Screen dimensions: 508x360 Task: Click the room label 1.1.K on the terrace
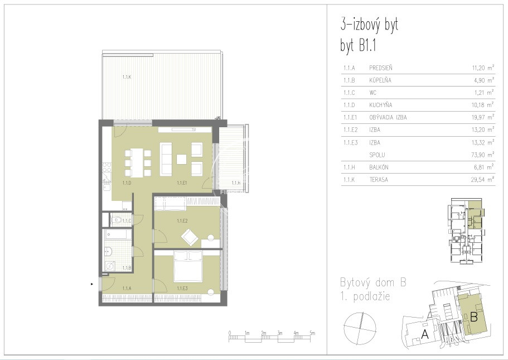[x=127, y=77]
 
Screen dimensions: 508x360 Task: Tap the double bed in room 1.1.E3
[x=188, y=266]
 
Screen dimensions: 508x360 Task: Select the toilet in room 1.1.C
[x=117, y=220]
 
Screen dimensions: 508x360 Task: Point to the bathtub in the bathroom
[x=118, y=235]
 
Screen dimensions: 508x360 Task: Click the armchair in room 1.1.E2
[x=190, y=237]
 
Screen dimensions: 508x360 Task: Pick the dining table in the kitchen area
[x=137, y=162]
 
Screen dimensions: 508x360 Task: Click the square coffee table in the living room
[x=181, y=159]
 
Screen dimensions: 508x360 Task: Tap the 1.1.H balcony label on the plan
[x=236, y=183]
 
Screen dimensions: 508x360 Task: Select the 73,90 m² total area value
[x=483, y=155]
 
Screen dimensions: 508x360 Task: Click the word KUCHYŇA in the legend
[x=380, y=105]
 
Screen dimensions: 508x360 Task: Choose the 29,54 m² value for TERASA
[x=483, y=179]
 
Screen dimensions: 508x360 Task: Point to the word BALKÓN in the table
[x=379, y=167]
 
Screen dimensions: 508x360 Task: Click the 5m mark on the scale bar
[x=312, y=333]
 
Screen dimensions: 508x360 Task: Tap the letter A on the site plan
[x=424, y=334]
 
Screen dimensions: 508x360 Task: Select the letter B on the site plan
[x=473, y=316]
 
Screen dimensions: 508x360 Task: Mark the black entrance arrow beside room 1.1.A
[x=92, y=285]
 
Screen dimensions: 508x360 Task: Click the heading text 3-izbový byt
[x=369, y=25]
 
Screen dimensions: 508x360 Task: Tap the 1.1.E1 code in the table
[x=350, y=117]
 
